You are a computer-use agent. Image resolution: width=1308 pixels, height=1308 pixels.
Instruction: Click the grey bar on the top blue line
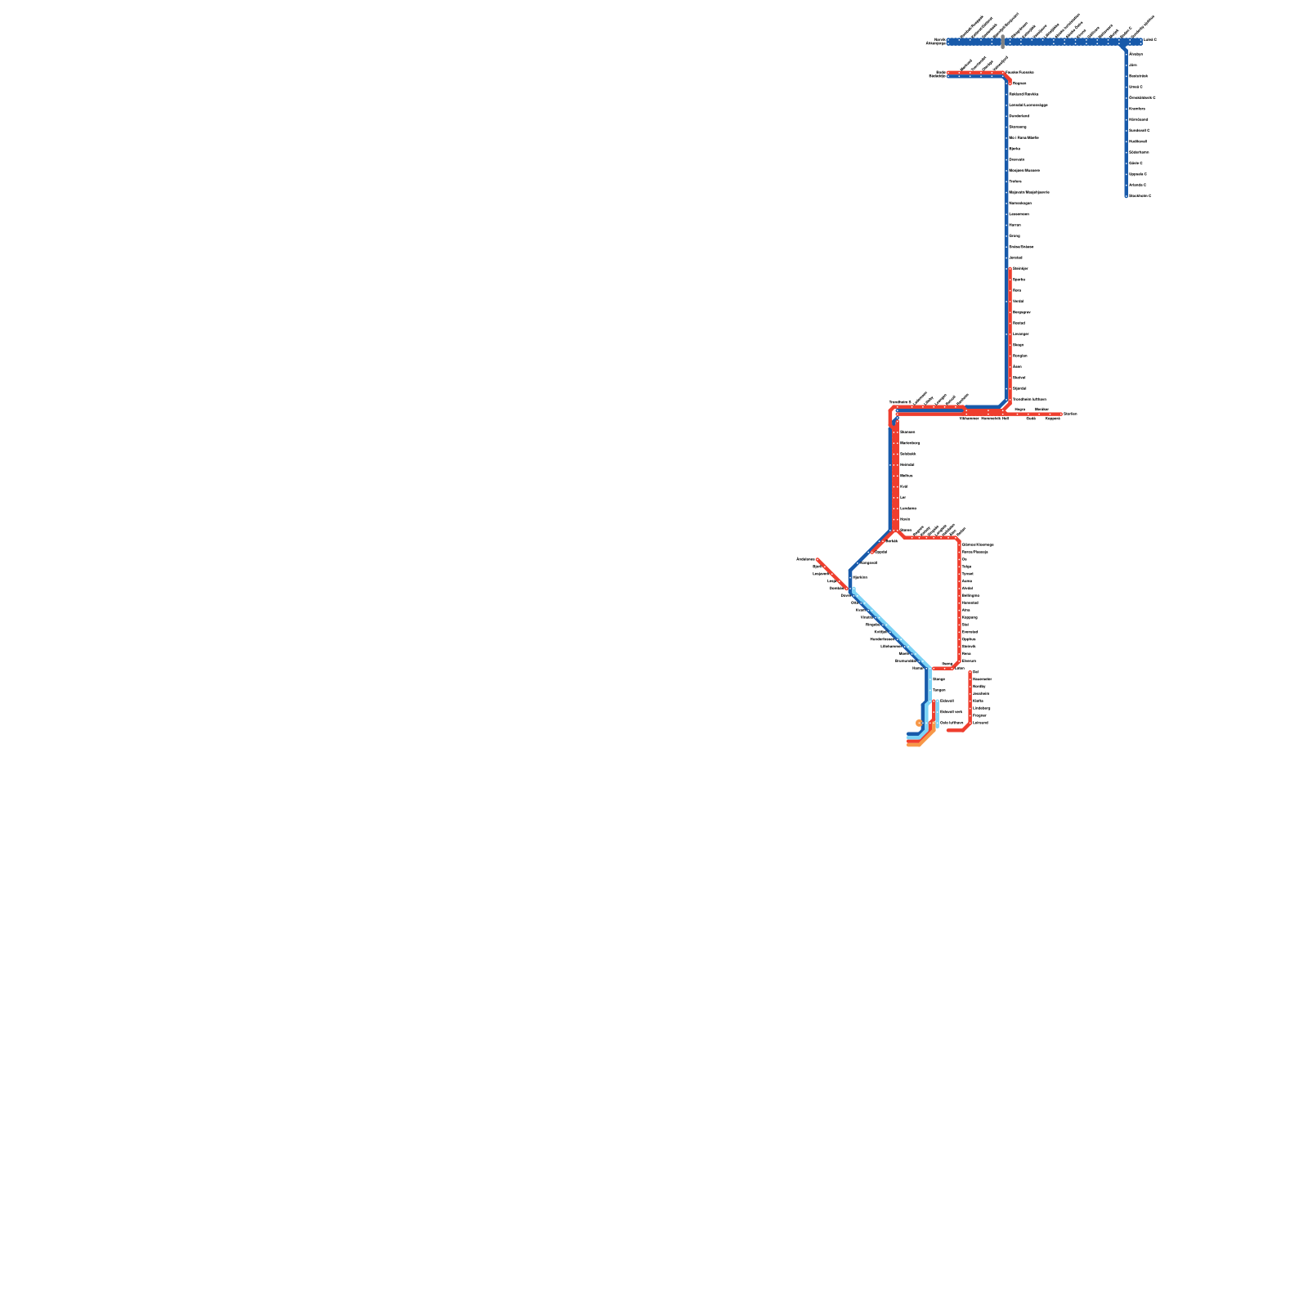coord(1003,42)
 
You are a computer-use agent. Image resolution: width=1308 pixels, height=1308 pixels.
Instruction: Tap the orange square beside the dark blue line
coord(919,723)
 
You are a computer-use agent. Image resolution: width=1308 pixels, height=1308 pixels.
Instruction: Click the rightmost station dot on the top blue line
coord(1140,42)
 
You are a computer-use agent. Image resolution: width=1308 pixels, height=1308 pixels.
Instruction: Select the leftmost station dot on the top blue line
coord(950,42)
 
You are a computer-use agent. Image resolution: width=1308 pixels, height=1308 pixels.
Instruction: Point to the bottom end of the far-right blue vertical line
coord(1126,196)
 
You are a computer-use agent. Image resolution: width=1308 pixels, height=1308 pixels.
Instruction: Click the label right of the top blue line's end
coord(1150,39)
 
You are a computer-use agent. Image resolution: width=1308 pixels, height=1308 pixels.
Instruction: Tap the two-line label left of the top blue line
coord(936,42)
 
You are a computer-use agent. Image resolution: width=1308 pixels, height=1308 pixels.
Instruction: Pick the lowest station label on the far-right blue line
coord(1140,195)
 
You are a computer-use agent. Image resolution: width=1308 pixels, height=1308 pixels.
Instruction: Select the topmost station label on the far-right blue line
coord(1136,54)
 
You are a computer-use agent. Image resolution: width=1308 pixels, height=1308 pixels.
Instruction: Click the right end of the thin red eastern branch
coord(1060,414)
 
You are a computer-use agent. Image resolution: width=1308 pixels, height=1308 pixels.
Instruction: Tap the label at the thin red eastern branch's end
coord(1070,414)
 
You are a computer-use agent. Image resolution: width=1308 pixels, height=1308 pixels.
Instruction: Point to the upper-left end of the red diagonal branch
coord(817,560)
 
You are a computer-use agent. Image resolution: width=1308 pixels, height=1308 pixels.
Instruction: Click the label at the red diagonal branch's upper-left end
coord(805,559)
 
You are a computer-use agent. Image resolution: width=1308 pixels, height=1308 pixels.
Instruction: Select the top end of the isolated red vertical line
coord(970,672)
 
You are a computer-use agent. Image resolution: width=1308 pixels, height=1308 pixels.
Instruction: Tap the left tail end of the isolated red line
coord(948,730)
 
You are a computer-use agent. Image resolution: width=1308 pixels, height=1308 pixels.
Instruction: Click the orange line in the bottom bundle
coord(914,745)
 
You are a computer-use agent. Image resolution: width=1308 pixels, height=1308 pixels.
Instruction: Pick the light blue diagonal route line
coord(891,629)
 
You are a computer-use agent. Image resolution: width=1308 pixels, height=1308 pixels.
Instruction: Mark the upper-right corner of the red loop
coord(958,540)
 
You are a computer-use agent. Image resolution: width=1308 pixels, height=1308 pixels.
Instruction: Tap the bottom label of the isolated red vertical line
coord(980,723)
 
